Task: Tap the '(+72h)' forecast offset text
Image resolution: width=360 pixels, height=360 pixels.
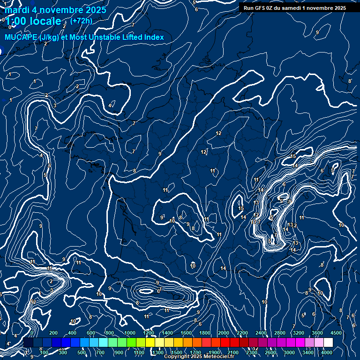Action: pos(82,21)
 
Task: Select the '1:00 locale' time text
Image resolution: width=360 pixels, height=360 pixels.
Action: pos(33,21)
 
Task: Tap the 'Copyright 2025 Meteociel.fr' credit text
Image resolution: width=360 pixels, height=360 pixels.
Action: pos(199,357)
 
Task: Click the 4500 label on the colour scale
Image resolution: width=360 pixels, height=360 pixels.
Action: pos(336,333)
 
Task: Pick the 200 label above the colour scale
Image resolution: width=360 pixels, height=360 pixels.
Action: pos(53,333)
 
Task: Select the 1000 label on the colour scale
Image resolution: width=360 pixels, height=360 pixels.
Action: pos(129,333)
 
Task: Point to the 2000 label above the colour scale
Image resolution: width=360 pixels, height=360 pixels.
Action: pos(223,333)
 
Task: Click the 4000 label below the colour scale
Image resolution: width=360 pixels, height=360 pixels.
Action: pos(327,352)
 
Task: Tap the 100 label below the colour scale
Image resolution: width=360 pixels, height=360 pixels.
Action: pos(44,352)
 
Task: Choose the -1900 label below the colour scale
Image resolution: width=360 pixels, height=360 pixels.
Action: pos(213,352)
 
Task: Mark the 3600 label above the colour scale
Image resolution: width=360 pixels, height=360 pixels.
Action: pos(317,333)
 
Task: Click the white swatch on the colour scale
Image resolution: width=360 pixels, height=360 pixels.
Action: pos(328,343)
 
